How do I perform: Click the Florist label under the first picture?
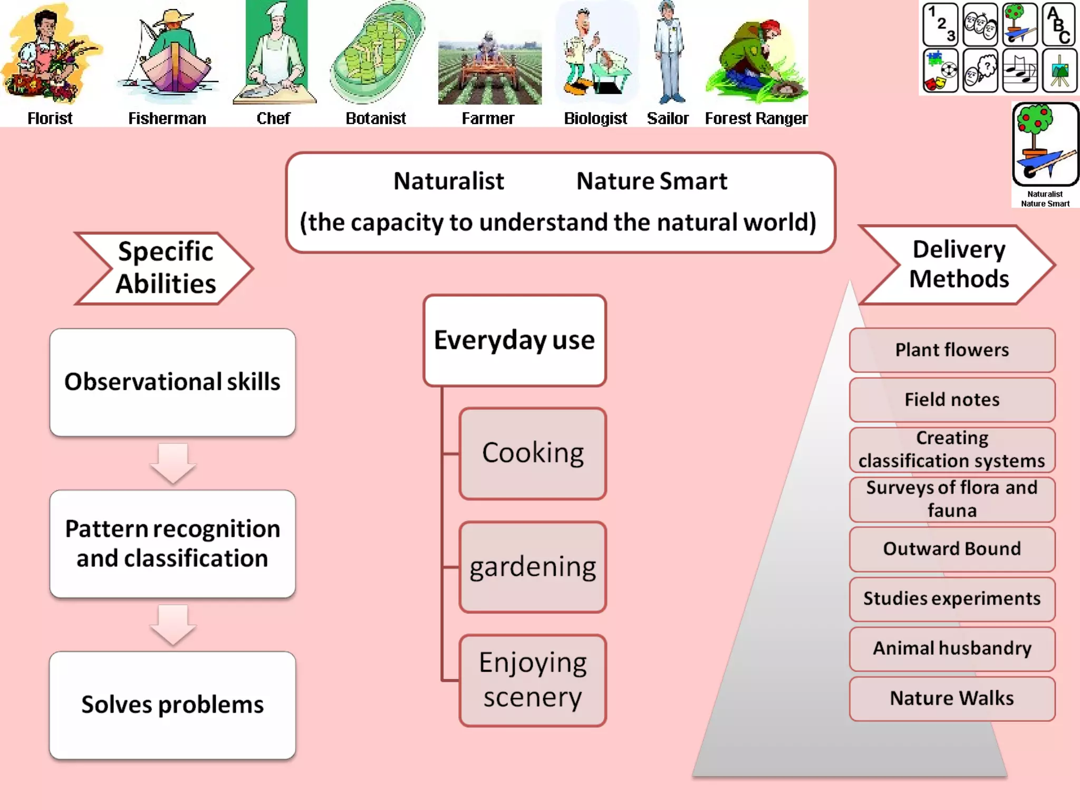(50, 118)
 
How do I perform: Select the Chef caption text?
(273, 118)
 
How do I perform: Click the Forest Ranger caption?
(756, 118)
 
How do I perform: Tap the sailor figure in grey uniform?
(669, 53)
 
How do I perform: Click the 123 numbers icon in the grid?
(940, 24)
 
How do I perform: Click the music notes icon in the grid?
(1019, 71)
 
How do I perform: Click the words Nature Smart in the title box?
(651, 181)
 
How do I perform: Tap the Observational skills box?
(172, 382)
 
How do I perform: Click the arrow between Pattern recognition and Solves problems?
(173, 625)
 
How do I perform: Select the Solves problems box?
(172, 705)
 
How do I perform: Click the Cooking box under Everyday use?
(533, 453)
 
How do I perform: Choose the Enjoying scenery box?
(533, 680)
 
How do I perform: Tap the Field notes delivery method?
(952, 400)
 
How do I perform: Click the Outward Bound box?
(952, 549)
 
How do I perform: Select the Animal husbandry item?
(952, 648)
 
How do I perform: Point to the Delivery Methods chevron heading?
(959, 264)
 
